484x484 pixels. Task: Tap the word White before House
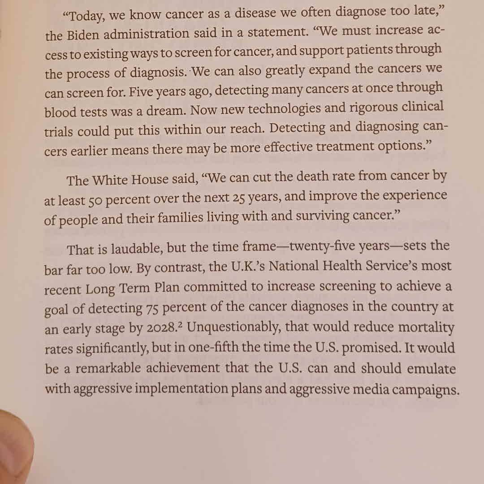click(x=110, y=180)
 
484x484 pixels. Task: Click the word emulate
click(x=432, y=368)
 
